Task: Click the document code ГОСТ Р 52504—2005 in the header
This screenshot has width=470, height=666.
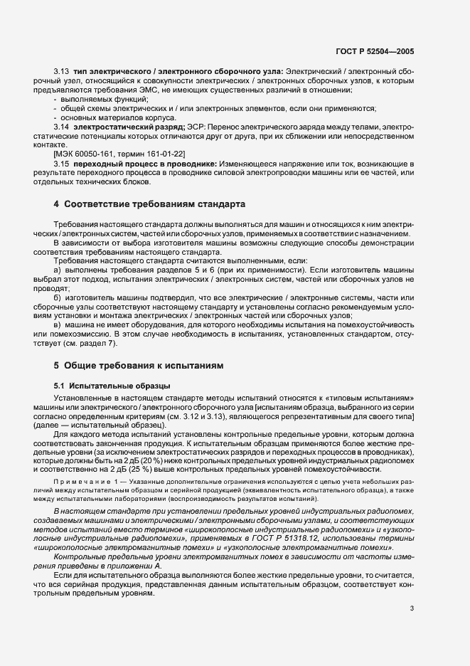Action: [x=375, y=52]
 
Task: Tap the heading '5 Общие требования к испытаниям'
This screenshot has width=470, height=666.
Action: [x=139, y=366]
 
